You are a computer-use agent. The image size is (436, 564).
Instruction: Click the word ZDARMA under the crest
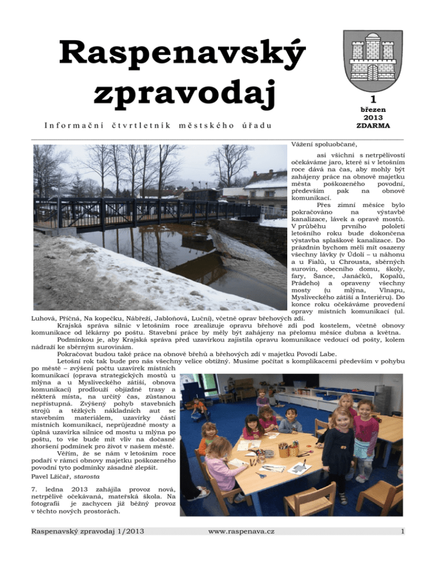[372, 126]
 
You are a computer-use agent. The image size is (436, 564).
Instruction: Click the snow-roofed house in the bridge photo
[265, 187]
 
